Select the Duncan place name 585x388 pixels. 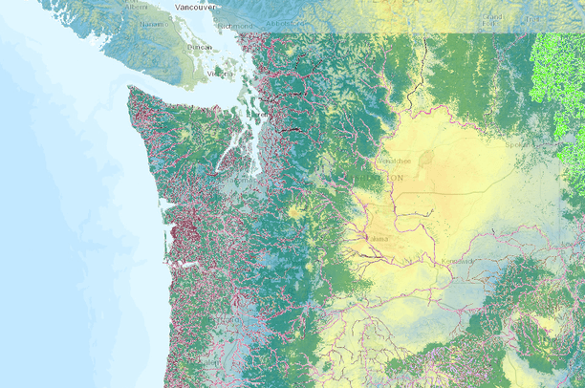click(200, 46)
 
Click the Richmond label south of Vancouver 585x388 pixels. click(235, 26)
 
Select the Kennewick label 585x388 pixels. click(457, 260)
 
